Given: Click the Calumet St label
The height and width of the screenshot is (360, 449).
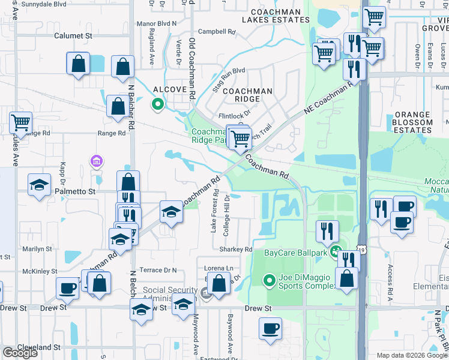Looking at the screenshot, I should click(73, 36).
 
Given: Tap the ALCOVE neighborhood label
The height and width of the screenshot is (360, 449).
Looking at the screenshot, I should click(170, 89).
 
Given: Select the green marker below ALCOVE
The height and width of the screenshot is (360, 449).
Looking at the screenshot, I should click(158, 104).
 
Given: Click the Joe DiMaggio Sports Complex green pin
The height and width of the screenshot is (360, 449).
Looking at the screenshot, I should click(270, 280).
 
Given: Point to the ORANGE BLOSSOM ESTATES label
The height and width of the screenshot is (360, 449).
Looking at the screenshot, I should click(413, 122).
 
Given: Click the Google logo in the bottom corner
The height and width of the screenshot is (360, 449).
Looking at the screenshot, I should click(20, 353).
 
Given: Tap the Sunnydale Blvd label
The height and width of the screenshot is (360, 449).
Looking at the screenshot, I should click(43, 4).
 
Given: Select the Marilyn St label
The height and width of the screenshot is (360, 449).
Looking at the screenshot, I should click(37, 248).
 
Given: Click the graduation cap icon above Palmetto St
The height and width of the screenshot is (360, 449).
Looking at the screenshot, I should click(40, 184).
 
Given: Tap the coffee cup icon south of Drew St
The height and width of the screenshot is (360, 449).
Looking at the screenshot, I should click(270, 328).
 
